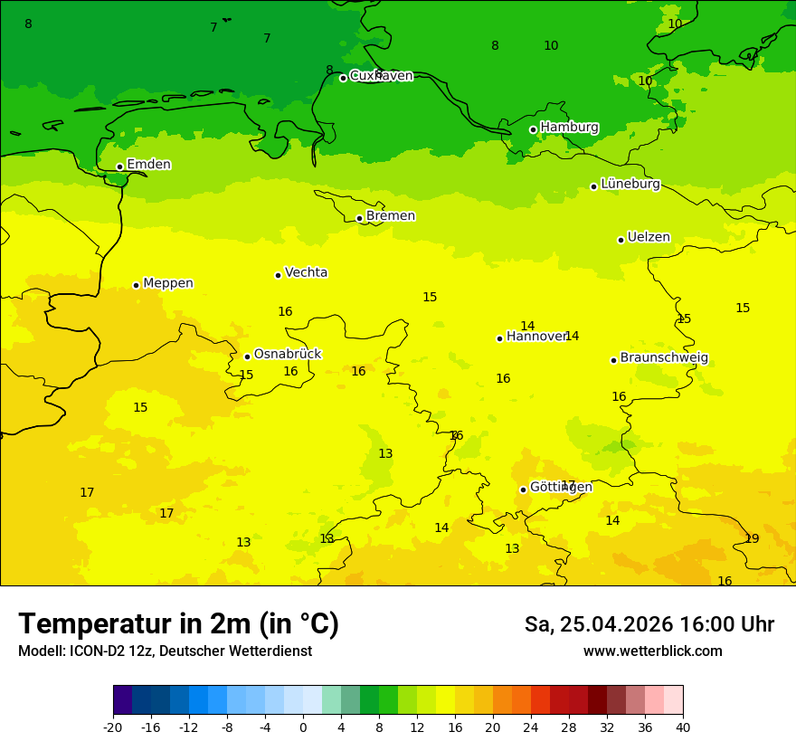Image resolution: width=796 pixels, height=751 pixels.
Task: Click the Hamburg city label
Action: (569, 128)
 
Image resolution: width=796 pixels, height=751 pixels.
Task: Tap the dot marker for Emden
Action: (119, 166)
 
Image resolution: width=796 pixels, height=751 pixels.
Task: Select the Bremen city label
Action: (390, 216)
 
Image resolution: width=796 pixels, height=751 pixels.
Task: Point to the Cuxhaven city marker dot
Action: (343, 78)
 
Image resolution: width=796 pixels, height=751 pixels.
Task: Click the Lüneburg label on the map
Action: (630, 184)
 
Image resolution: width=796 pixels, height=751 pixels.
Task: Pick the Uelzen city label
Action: (649, 237)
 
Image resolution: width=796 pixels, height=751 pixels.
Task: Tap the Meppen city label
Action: (167, 283)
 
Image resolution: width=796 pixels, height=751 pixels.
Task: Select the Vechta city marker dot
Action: (278, 275)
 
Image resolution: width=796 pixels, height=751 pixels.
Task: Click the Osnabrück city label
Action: (287, 354)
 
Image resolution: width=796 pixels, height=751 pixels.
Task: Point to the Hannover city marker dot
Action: (499, 338)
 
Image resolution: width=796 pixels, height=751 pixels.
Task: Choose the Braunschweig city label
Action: (664, 357)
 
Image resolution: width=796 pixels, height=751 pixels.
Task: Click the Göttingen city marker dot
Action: (523, 490)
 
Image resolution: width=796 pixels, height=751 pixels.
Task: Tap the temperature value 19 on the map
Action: (752, 538)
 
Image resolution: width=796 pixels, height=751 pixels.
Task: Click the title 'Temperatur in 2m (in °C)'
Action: (178, 623)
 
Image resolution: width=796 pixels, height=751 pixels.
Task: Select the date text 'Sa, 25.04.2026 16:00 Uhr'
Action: (649, 624)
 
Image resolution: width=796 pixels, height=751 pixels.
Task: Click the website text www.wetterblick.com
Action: (652, 651)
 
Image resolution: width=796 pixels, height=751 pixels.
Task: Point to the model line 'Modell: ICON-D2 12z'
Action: (165, 651)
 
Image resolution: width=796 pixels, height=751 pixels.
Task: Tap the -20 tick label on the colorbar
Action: (112, 727)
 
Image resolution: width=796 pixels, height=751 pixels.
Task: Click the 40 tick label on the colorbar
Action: (683, 727)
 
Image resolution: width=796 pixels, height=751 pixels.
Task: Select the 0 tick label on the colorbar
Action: (303, 727)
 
